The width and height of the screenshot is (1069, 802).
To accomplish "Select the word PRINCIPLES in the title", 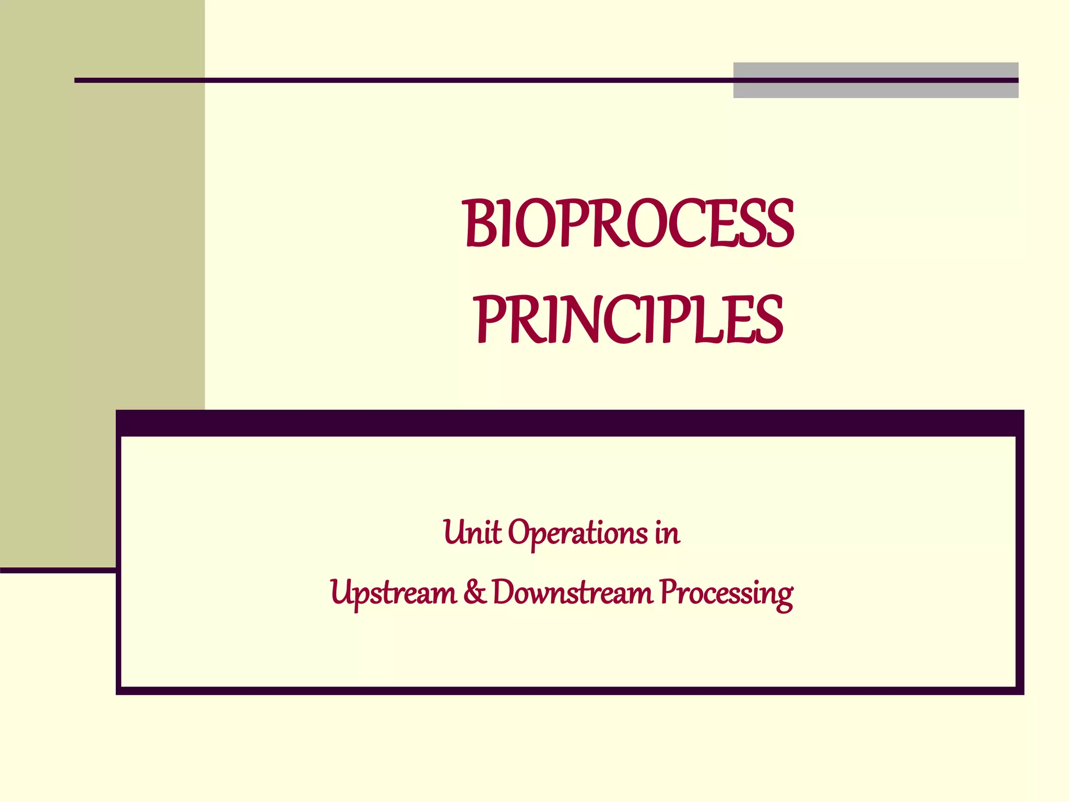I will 629,320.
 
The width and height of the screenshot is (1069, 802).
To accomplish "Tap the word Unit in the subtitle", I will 472,533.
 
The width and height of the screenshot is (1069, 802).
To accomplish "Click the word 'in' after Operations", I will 668,533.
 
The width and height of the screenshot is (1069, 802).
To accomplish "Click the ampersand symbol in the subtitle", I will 474,593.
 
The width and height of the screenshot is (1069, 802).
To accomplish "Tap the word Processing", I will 726,594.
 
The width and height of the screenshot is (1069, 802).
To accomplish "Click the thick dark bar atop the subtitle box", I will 569,423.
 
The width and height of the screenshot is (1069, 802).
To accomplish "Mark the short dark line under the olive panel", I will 57,570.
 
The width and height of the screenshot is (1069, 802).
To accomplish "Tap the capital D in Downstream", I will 505,593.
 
